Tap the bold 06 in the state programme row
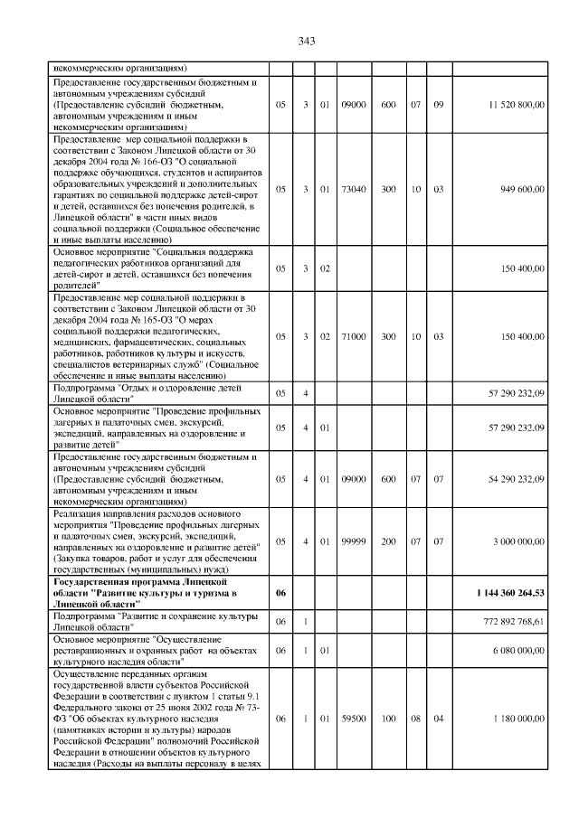pos(280,592)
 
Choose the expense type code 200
pos(388,541)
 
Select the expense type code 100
pos(388,719)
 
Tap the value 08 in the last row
pos(415,719)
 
